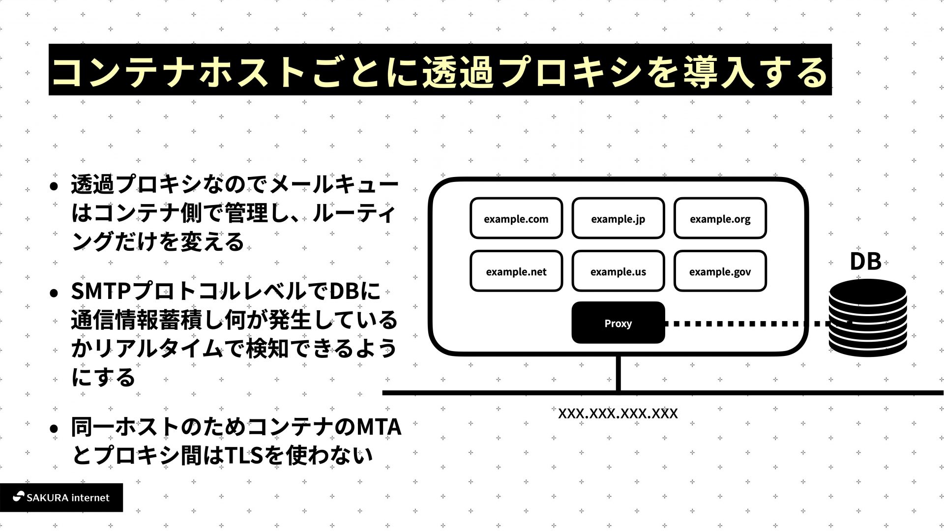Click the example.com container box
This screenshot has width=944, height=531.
pyautogui.click(x=516, y=218)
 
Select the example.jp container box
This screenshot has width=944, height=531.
pyautogui.click(x=618, y=218)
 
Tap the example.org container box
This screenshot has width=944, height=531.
pyautogui.click(x=720, y=218)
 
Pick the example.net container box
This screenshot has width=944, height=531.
pyautogui.click(x=516, y=271)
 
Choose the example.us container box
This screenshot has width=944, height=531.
pyautogui.click(x=618, y=271)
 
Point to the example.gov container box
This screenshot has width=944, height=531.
pyautogui.click(x=720, y=271)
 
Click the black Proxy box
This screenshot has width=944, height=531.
pyautogui.click(x=618, y=323)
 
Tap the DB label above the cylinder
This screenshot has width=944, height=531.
pyautogui.click(x=865, y=262)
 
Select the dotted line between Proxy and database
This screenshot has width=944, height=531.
pyautogui.click(x=737, y=324)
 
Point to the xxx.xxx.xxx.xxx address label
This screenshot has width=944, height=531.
pyautogui.click(x=618, y=413)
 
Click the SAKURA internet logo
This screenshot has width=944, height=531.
pyautogui.click(x=61, y=498)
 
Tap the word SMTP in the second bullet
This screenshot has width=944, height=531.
pyautogui.click(x=101, y=291)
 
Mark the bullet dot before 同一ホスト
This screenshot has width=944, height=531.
pyautogui.click(x=54, y=428)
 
